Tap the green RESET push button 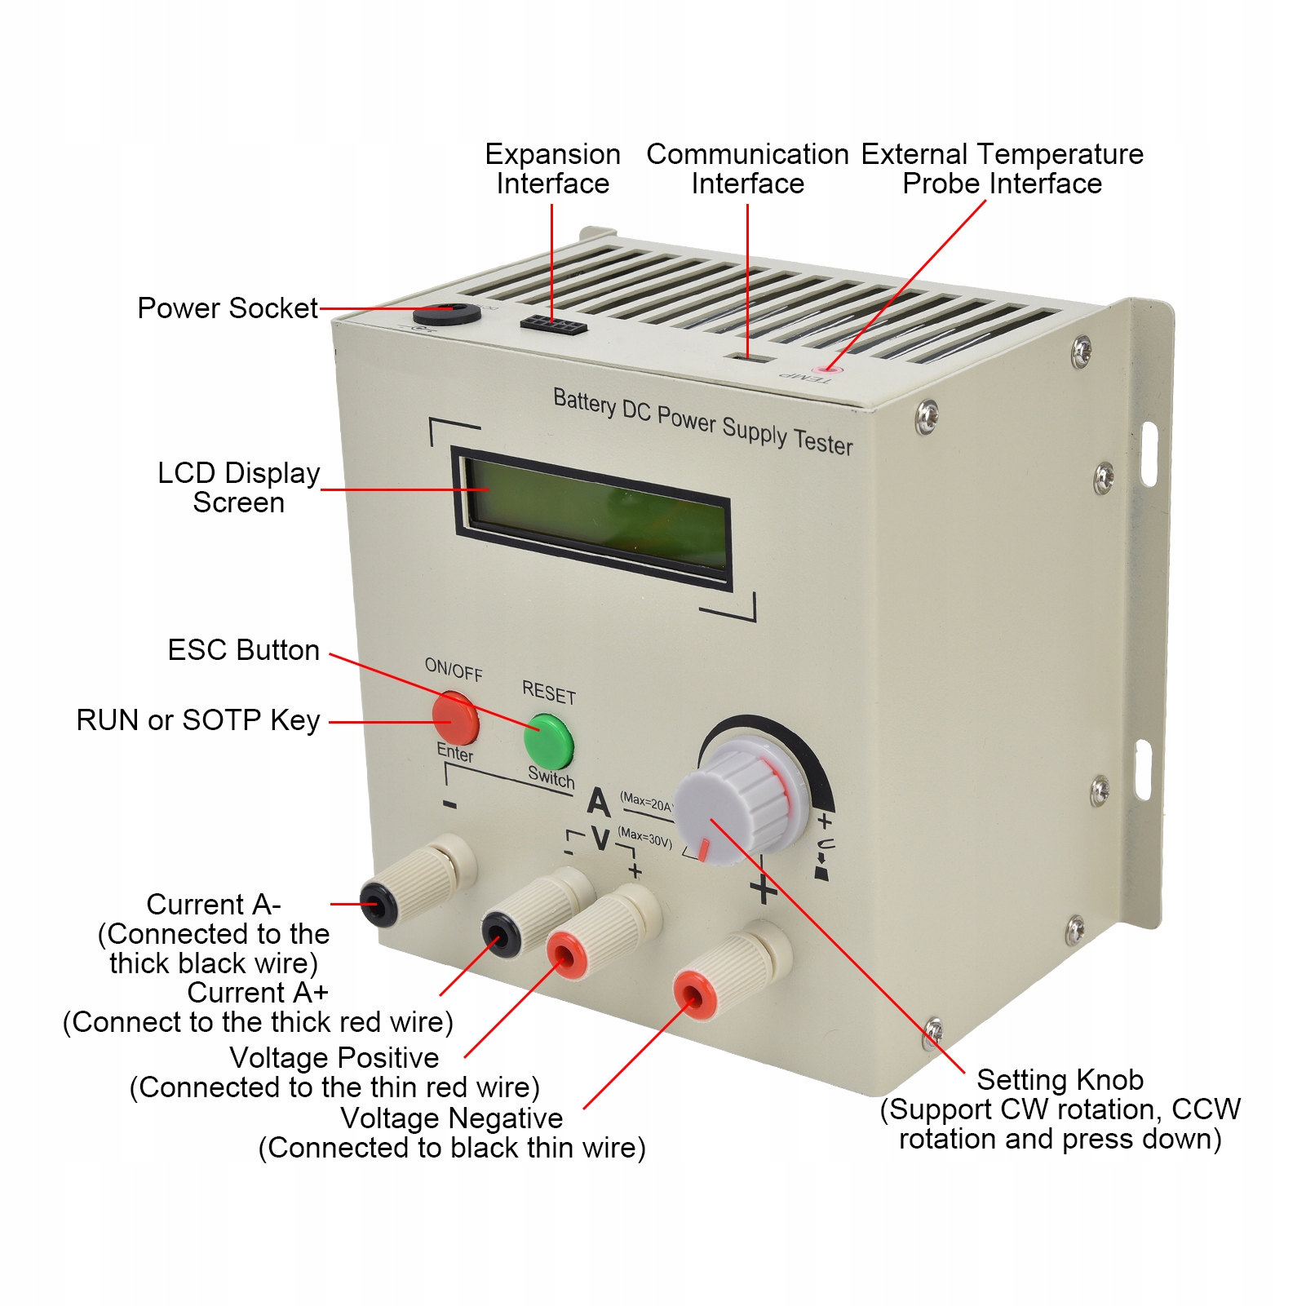[x=548, y=739]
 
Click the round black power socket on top [x=446, y=313]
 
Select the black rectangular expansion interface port [x=554, y=324]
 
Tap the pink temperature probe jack [x=826, y=370]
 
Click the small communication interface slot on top [x=750, y=357]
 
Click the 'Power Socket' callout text [x=227, y=308]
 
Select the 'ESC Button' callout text [x=243, y=650]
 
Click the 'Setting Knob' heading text [x=1060, y=1080]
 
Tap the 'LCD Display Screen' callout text [x=238, y=488]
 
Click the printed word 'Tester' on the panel [x=823, y=442]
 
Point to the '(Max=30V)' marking [x=644, y=837]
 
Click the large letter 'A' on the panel [x=599, y=802]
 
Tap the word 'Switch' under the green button [x=551, y=777]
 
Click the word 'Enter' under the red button [x=454, y=752]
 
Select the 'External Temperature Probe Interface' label [x=1002, y=169]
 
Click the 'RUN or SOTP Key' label [x=197, y=720]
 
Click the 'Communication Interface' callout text [x=747, y=169]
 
